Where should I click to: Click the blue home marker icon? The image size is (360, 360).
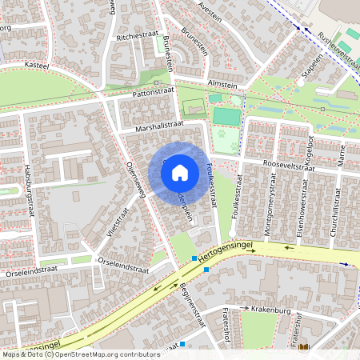(x=180, y=172)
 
